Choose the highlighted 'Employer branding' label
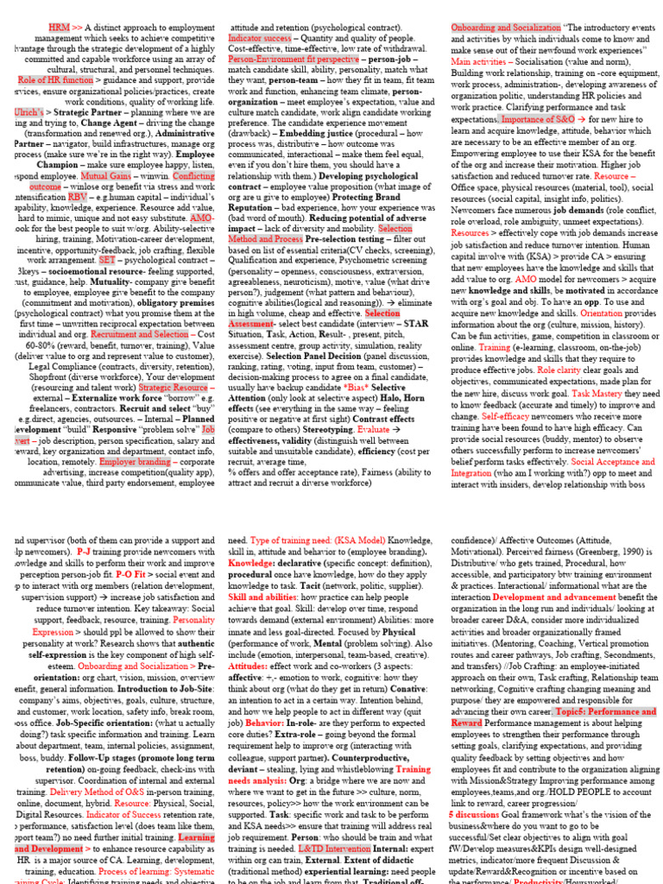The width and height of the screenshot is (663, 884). (x=136, y=460)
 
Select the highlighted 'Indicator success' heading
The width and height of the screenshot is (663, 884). (x=260, y=39)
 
